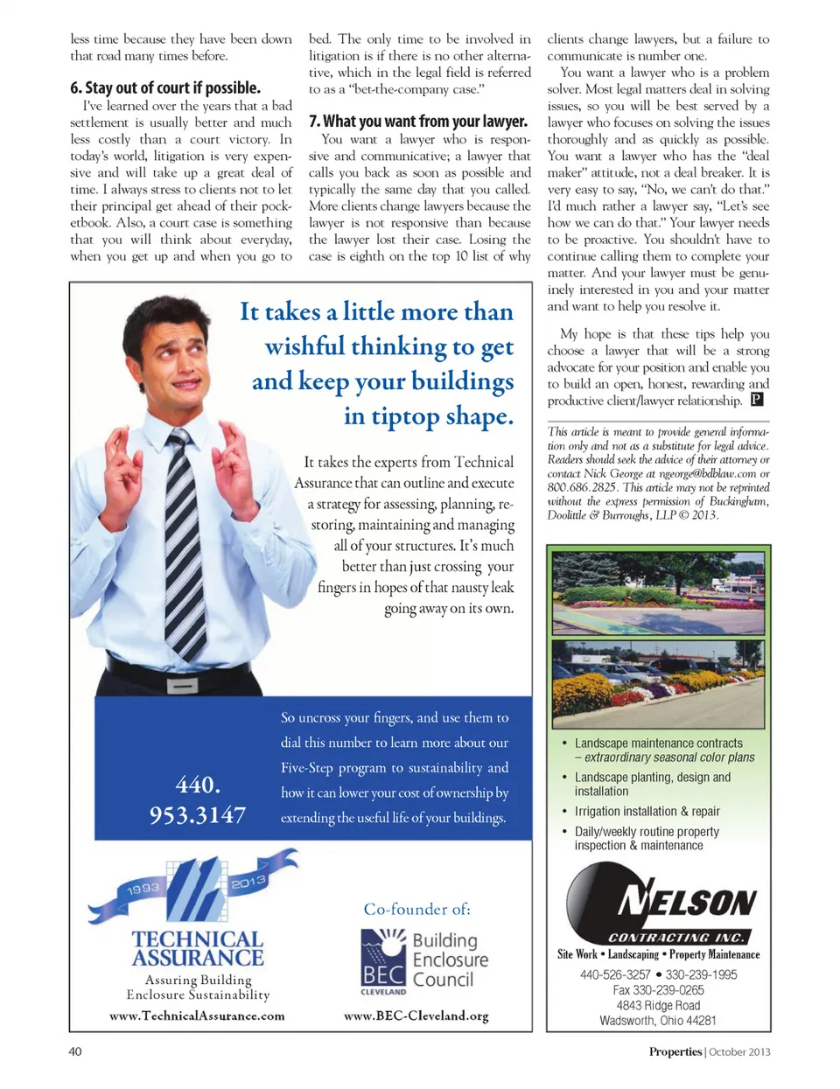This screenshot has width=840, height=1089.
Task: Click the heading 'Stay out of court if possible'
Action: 165,88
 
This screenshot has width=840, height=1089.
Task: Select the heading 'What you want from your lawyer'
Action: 418,122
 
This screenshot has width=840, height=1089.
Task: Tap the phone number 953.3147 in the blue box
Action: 198,815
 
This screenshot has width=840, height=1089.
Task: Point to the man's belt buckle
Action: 182,687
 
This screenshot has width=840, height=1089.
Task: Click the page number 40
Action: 75,1051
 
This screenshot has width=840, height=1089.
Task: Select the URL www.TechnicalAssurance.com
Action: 197,1016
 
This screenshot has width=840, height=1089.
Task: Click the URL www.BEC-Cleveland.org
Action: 416,1016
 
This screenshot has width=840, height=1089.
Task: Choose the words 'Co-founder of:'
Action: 417,910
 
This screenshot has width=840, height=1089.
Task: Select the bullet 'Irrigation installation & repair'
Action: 647,812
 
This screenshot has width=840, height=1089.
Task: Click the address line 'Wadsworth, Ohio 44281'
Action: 658,1021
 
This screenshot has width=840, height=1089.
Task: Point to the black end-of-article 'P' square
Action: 757,400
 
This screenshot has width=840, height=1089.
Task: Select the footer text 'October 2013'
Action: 739,1051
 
